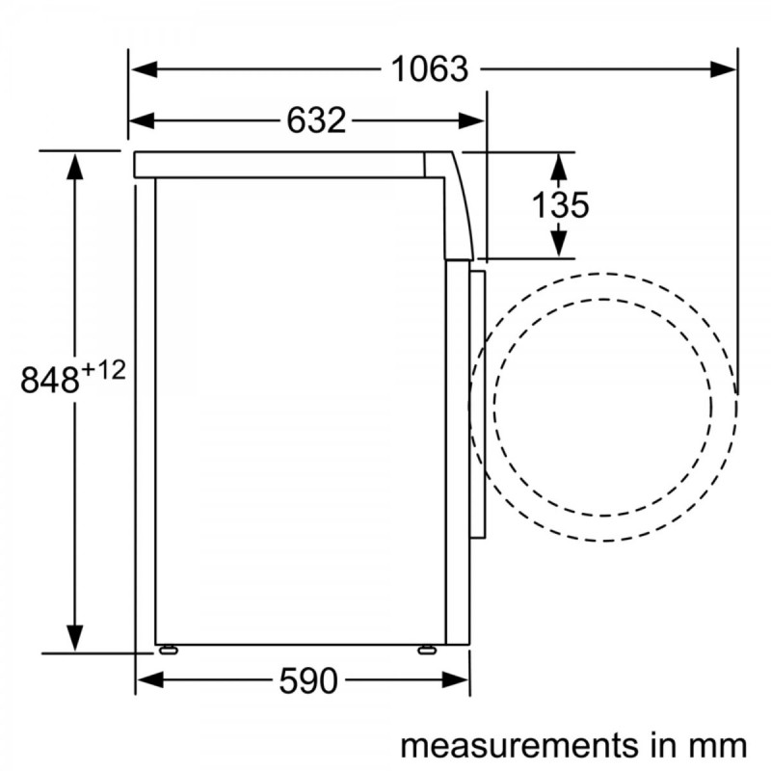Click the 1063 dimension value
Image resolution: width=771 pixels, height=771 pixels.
(429, 69)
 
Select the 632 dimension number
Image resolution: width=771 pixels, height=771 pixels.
(316, 120)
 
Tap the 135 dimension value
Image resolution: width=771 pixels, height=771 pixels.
(561, 205)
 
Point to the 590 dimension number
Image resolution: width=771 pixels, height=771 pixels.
(308, 681)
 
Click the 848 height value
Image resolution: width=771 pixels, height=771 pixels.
(50, 379)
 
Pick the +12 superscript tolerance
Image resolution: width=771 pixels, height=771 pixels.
(104, 370)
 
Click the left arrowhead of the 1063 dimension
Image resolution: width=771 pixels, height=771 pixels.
(144, 69)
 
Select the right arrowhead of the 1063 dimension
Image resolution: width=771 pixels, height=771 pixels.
(724, 69)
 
